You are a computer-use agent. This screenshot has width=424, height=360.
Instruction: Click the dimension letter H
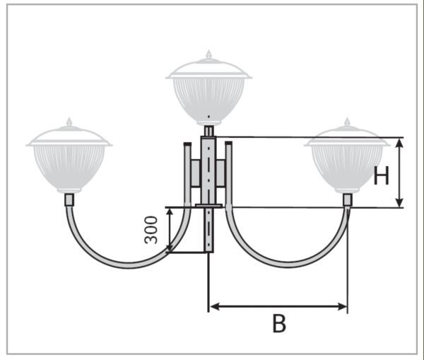(382, 175)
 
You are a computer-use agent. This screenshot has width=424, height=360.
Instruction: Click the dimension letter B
(279, 324)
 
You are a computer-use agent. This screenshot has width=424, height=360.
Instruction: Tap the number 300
(151, 230)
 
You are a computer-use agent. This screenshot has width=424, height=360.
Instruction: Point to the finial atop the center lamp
(208, 54)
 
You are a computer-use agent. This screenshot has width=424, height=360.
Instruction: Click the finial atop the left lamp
(69, 122)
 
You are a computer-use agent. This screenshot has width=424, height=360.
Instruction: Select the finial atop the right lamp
(347, 122)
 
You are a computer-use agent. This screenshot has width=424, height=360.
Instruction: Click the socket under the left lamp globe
(69, 199)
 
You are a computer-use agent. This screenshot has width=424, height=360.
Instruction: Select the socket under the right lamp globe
(348, 199)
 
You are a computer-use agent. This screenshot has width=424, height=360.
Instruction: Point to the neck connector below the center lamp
(208, 131)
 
